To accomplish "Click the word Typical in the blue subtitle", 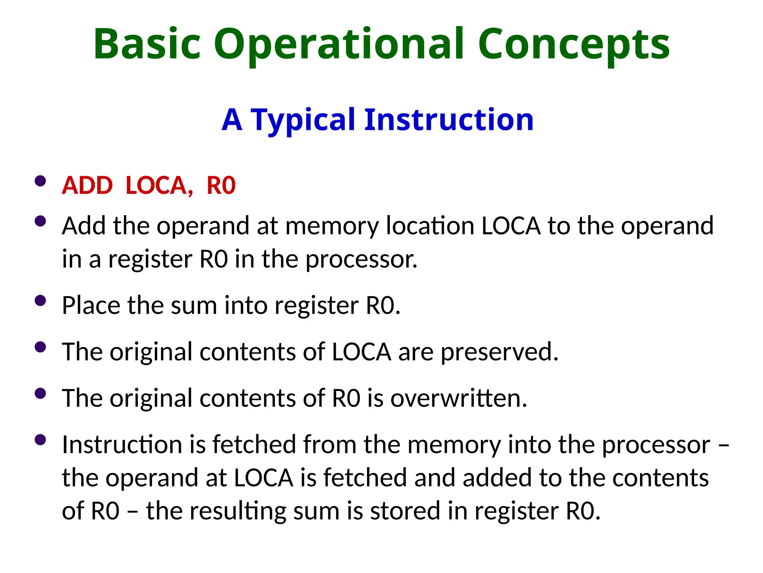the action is pos(303,120).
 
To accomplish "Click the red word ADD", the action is pos(87,185).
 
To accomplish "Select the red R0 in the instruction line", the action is pos(221,185).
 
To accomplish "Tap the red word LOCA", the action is pos(159,185).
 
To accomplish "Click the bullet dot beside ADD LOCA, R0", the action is pos(40,181).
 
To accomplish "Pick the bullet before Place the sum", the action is pos(40,301).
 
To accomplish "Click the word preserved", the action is pos(499,352).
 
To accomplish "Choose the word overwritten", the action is pos(459,398).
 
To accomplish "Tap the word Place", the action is pos(91,306).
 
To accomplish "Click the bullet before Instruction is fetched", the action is pos(40,440).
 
